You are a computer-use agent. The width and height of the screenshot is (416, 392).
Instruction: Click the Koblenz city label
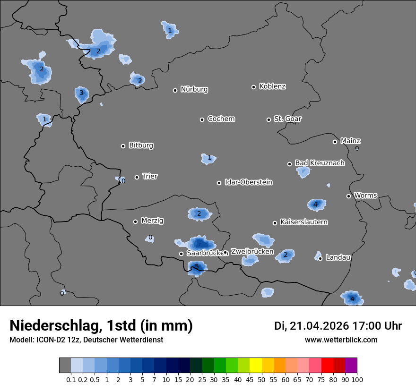pos(272,86)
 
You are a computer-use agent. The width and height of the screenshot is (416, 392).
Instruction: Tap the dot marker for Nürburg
pos(175,90)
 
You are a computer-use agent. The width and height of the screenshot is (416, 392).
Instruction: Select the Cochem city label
pos(221,119)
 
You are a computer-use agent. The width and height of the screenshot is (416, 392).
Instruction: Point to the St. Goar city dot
pos(269,119)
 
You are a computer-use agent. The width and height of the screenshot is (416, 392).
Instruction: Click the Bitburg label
pos(141,145)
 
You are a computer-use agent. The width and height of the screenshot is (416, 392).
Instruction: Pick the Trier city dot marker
pos(137,177)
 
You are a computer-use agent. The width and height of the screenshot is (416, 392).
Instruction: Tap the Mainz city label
pos(350,141)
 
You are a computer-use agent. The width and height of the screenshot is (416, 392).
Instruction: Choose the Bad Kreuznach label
pos(320,163)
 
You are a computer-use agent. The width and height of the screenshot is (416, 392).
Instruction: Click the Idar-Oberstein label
pos(248,182)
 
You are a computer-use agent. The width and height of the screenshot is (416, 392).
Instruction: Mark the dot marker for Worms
pos(348,196)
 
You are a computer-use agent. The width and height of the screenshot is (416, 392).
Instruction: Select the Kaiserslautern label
pos(303,222)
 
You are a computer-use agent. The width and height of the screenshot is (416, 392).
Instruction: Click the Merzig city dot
pos(135,222)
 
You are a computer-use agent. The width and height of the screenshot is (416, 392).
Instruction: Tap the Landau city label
pos(338,257)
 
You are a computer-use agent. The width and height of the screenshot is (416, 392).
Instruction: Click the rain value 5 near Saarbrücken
pos(197,267)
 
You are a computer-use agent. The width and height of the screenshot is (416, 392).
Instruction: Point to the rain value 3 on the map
pos(81,93)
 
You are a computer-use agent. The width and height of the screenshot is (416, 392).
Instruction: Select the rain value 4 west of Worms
pos(315,205)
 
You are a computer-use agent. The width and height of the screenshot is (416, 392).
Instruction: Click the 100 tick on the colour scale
pos(357,379)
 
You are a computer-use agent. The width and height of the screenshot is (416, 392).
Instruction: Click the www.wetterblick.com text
pos(341,340)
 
